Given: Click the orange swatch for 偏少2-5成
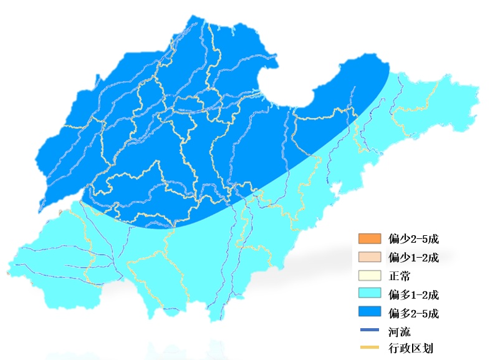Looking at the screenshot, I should coord(369,239).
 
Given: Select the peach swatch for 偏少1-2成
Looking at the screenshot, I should coord(369,257).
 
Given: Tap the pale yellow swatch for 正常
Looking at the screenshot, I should coord(369,276).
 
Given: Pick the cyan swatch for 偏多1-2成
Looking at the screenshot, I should coord(369,294).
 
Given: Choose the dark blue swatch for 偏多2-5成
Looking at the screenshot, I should coord(369,312).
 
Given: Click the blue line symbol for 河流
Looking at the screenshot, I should coord(369,331).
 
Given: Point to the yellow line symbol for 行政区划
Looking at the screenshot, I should coord(369,348).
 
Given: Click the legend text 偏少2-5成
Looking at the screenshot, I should coord(414,239).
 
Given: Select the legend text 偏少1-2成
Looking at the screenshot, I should coord(414,257).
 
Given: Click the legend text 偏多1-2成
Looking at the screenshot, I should coord(414,294).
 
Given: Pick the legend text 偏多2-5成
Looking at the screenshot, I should coord(414,313).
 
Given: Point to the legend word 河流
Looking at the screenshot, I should coord(399,331).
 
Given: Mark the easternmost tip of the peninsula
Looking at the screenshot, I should coord(479,94).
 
